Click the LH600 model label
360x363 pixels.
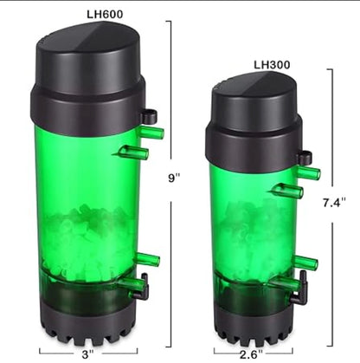(x=90, y=14)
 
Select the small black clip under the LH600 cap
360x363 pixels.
(x=149, y=115)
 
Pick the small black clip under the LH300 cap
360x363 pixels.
(x=304, y=158)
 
